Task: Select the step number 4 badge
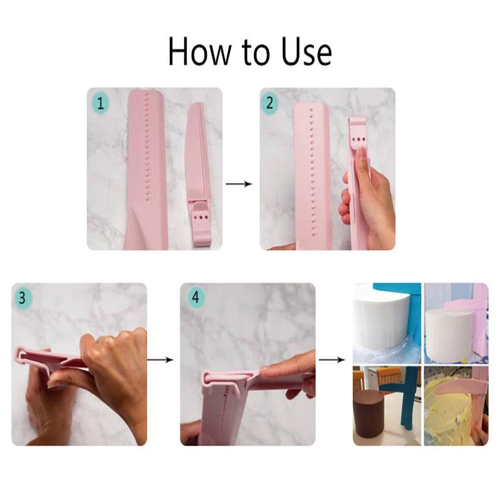pos(195,297)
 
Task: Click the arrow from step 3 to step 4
pos(160,360)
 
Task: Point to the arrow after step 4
pos(332,360)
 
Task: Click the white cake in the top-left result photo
pos(379,324)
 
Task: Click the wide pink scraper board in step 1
pos(147,170)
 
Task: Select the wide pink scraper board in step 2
pos(312,176)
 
